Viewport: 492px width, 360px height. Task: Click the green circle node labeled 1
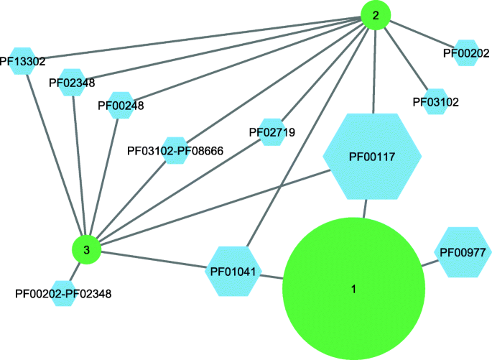click(352, 289)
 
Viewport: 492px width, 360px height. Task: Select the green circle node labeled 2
click(375, 14)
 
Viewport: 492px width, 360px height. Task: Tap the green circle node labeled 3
click(86, 250)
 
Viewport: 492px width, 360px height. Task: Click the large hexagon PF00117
click(372, 156)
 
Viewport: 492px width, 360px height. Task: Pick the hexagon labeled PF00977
click(462, 251)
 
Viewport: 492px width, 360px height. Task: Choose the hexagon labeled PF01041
click(234, 271)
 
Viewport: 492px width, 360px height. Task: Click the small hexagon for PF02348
click(72, 83)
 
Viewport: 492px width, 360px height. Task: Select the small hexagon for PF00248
click(120, 105)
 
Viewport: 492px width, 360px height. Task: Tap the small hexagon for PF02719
click(272, 132)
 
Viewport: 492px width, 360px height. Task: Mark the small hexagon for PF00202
click(465, 52)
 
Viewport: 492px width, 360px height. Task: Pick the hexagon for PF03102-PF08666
click(175, 151)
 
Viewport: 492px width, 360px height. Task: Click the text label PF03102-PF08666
click(175, 151)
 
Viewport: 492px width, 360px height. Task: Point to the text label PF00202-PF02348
click(62, 294)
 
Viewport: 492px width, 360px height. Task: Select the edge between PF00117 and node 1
click(366, 208)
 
